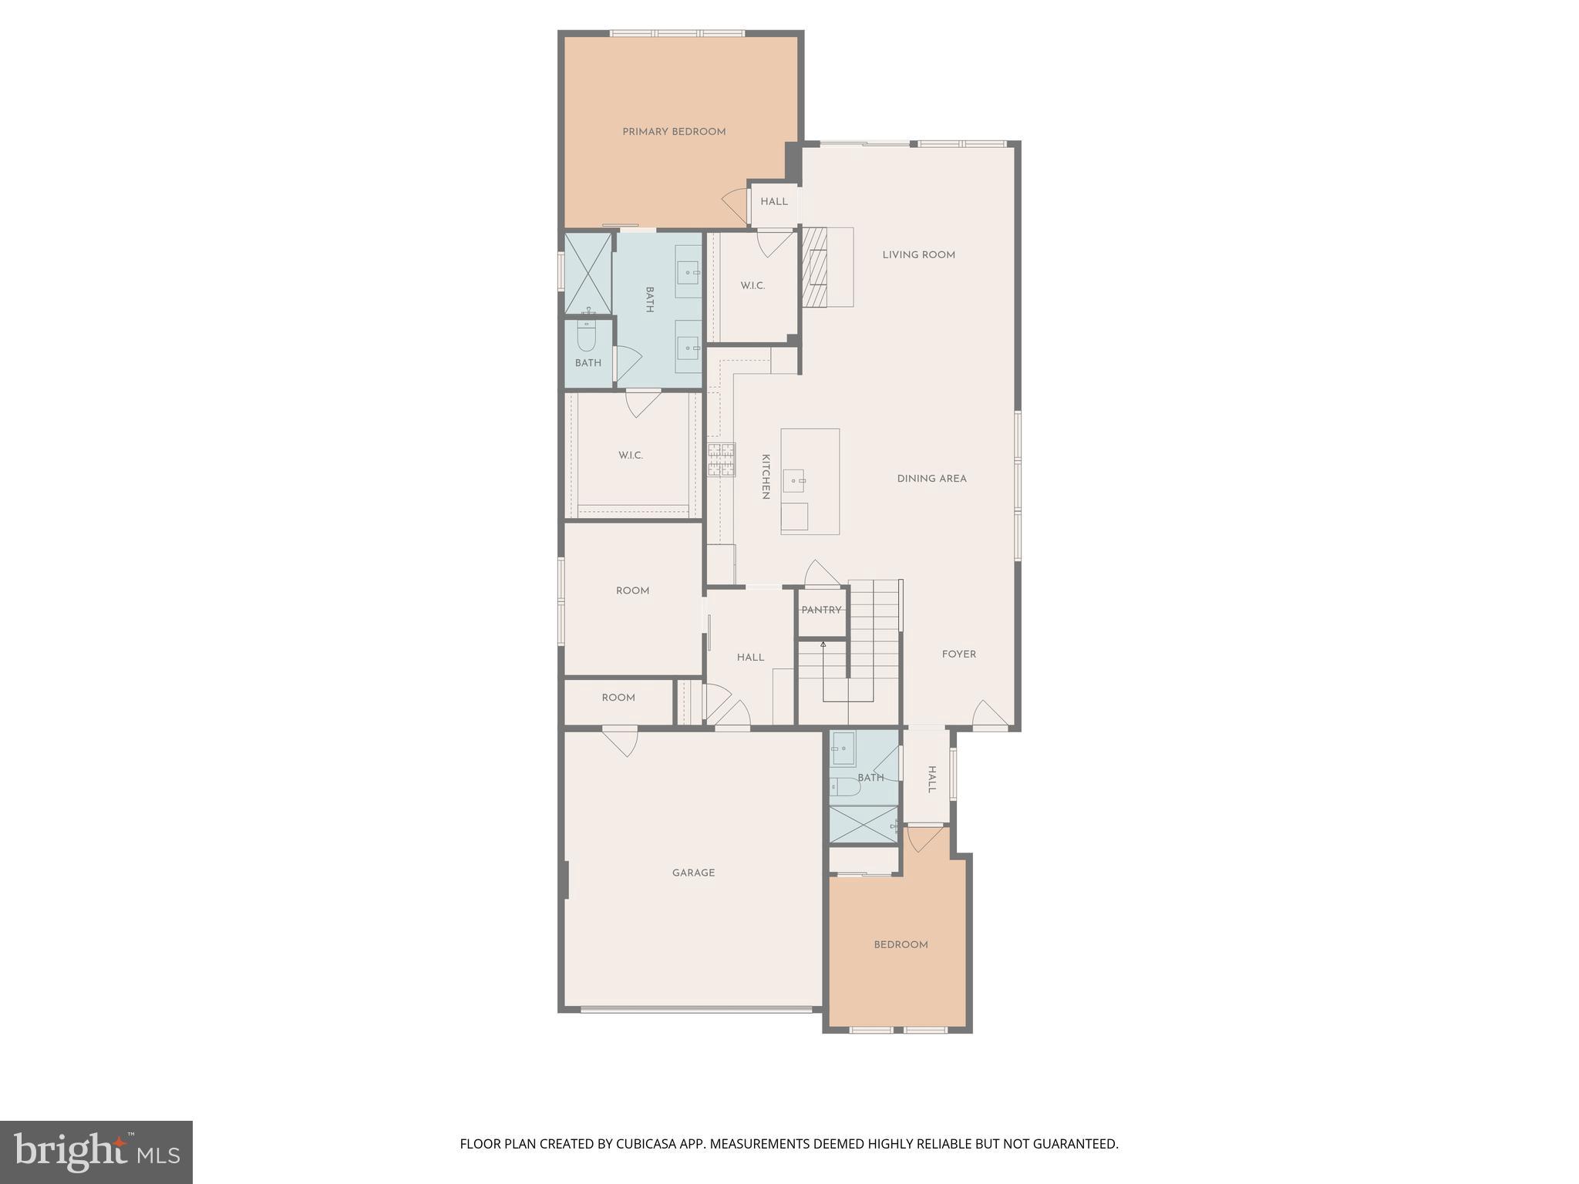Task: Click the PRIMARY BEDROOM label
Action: click(674, 132)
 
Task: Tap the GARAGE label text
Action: click(693, 873)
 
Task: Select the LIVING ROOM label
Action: click(918, 255)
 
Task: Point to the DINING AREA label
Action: click(931, 479)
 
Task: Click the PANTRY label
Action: click(821, 610)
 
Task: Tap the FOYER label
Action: click(958, 654)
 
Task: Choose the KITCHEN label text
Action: click(766, 476)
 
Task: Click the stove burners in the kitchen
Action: click(721, 459)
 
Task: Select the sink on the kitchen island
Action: click(794, 481)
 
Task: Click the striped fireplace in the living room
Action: click(814, 267)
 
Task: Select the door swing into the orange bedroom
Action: click(923, 838)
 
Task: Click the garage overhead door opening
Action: click(696, 1009)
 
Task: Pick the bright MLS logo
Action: click(96, 1152)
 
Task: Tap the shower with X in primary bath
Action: click(587, 273)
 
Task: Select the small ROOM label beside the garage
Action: click(618, 698)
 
